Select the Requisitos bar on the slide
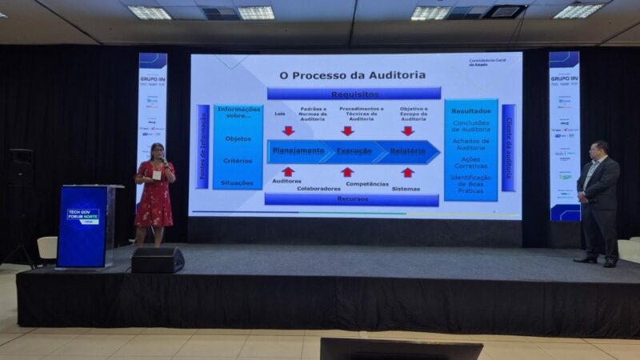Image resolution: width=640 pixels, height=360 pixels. [354, 94]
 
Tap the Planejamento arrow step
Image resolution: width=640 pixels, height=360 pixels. [298, 151]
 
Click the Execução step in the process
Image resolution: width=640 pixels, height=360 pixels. [353, 151]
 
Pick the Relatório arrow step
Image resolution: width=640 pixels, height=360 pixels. [408, 151]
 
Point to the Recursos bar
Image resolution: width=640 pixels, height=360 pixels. [352, 199]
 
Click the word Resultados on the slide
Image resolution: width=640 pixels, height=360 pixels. [470, 111]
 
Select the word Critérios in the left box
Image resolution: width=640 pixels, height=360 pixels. [238, 161]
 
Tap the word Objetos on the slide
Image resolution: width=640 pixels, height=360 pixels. [238, 138]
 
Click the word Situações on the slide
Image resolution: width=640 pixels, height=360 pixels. [238, 182]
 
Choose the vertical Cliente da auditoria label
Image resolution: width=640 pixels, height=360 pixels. [508, 148]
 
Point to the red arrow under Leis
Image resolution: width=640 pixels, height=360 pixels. [288, 130]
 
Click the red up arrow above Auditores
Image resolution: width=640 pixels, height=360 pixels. [288, 171]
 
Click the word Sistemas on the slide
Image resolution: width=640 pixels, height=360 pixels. [406, 190]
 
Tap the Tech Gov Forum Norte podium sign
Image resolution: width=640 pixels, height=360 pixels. [82, 216]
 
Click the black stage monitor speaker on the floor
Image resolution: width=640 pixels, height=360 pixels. [158, 259]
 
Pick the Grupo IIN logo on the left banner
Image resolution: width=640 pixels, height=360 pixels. [152, 81]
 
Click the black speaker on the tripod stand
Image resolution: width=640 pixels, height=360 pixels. [21, 166]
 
